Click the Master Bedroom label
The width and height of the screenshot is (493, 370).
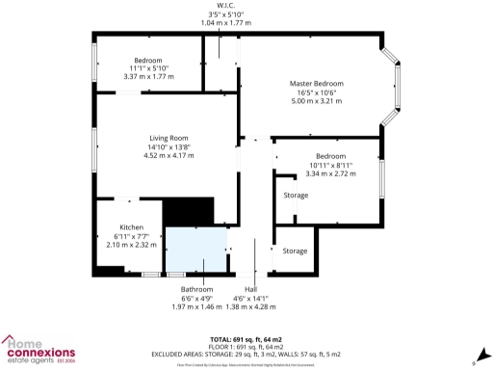coord(317,84)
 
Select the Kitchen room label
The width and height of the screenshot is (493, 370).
coord(131,227)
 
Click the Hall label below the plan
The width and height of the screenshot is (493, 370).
coord(250,289)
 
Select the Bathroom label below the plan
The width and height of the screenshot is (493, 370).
coord(195,289)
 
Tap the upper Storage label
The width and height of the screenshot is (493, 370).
coord(296,196)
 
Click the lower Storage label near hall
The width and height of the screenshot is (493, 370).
coord(295,251)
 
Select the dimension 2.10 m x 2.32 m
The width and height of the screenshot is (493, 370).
coord(131,246)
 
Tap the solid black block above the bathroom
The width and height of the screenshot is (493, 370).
coord(187,212)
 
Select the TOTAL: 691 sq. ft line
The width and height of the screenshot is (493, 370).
coord(246,340)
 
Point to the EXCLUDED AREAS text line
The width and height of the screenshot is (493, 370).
coord(246,355)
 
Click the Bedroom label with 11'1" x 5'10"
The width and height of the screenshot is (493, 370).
coord(147,60)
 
